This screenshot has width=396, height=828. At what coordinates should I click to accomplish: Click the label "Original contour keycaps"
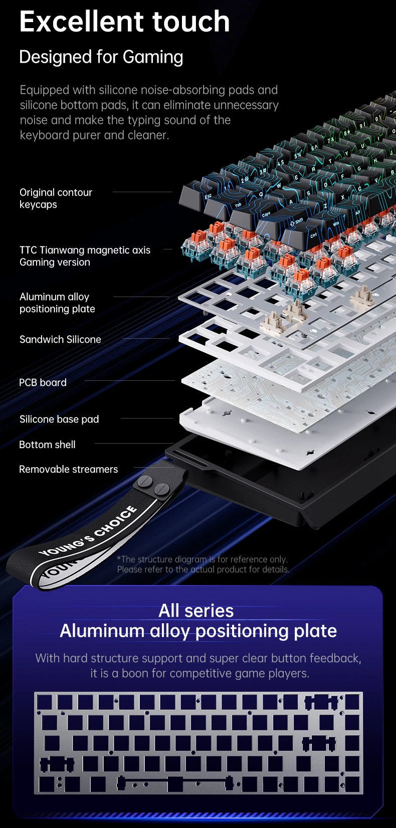pyautogui.click(x=56, y=198)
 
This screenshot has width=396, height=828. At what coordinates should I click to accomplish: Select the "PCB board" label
pyautogui.click(x=43, y=382)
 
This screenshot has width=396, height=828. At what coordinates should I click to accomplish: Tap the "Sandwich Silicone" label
pyautogui.click(x=60, y=339)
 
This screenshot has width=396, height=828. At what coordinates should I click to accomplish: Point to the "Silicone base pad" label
pyautogui.click(x=59, y=419)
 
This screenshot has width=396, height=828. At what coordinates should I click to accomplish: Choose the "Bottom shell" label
pyautogui.click(x=47, y=445)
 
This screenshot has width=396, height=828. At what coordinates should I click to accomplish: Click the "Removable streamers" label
pyautogui.click(x=68, y=469)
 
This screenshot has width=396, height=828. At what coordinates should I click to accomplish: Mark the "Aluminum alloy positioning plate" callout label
pyautogui.click(x=57, y=303)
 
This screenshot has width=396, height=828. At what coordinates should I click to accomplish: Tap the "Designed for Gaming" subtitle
pyautogui.click(x=101, y=57)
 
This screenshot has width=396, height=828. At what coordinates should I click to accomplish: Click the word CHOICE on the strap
pyautogui.click(x=116, y=522)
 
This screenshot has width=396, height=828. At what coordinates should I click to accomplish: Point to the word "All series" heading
pyautogui.click(x=196, y=611)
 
